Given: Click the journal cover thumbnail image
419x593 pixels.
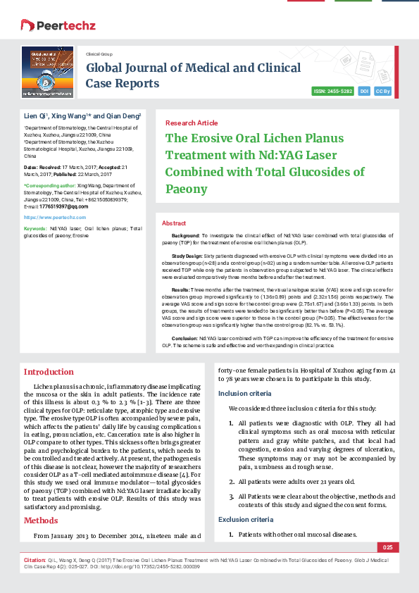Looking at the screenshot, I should pos(47,72).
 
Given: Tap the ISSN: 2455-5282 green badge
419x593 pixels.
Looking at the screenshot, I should pos(333,92).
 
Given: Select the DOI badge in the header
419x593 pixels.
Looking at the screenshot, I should pos(364,92).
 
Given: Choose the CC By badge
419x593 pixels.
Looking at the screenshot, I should pos(383,92).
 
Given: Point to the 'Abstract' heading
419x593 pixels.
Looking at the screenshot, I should pos(174,223).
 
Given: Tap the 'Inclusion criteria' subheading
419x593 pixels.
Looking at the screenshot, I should pos(243,393).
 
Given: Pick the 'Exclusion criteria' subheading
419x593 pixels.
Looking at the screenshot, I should pos(244,519).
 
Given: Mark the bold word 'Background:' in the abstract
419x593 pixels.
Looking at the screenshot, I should pos(186,234).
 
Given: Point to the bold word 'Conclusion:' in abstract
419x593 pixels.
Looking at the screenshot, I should pos(186,338).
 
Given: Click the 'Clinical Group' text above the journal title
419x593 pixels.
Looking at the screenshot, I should pos(99,54).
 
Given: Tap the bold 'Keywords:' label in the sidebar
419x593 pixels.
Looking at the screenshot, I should pos(35,229).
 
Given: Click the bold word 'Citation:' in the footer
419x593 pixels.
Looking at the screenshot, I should pos(35,561).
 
